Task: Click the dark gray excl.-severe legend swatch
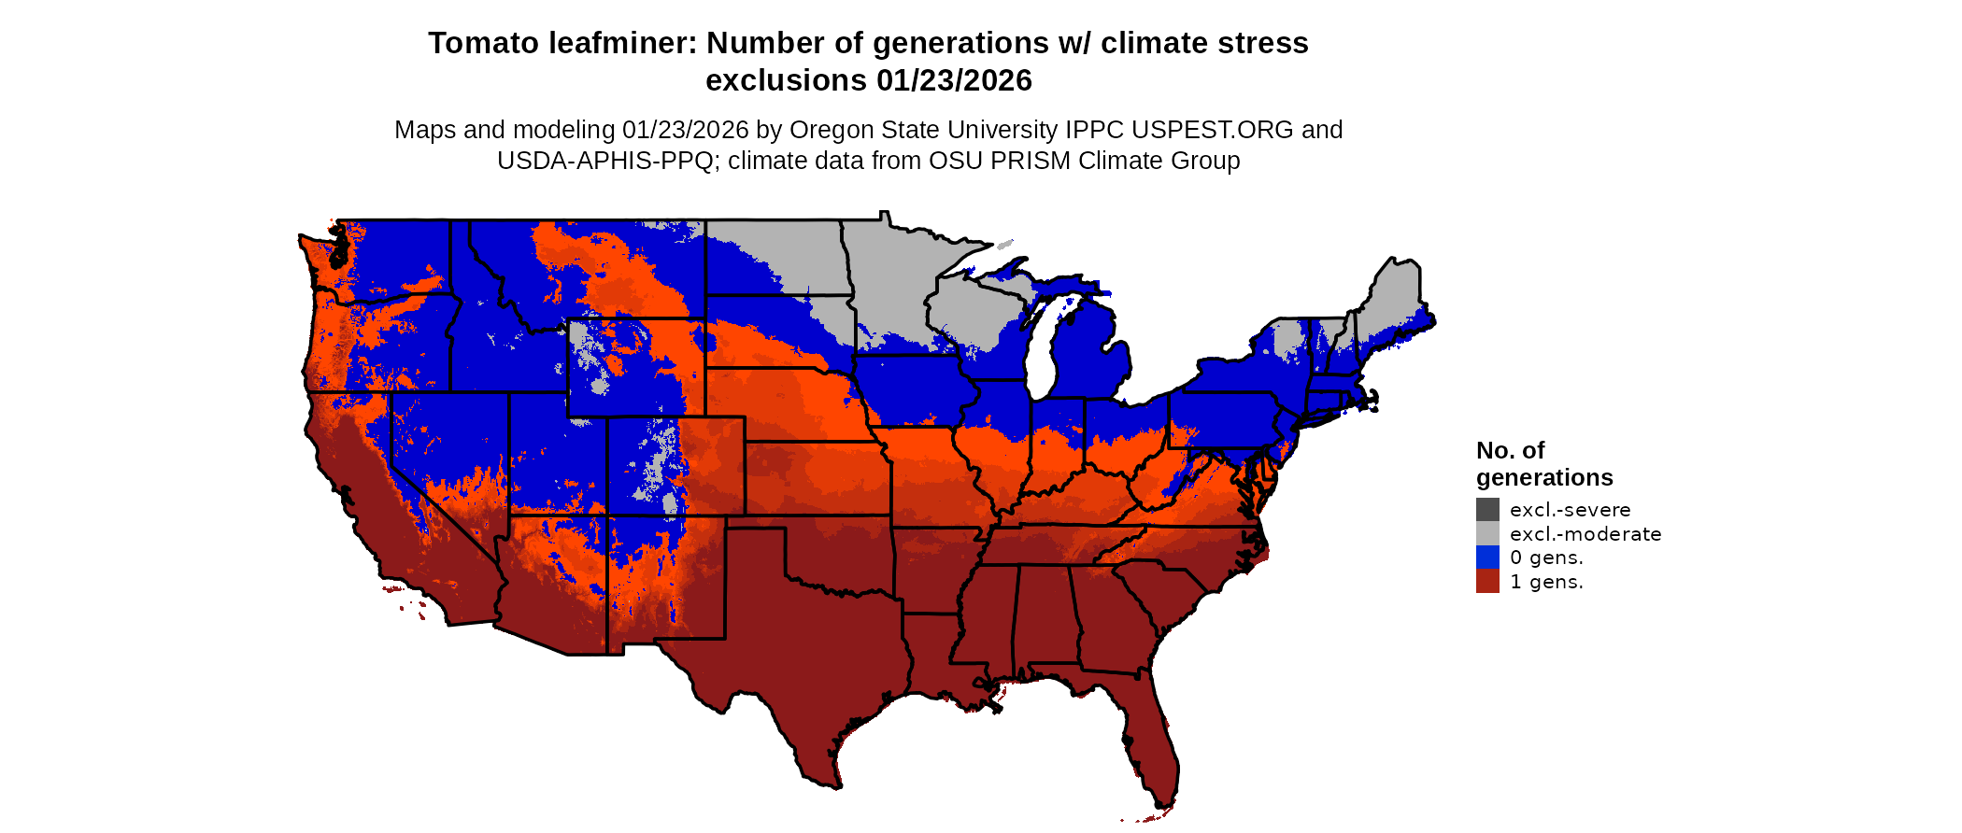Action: pyautogui.click(x=1487, y=510)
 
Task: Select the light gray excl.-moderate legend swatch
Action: pyautogui.click(x=1487, y=534)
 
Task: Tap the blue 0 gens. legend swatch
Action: pyautogui.click(x=1487, y=558)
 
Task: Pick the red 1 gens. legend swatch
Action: pyautogui.click(x=1487, y=582)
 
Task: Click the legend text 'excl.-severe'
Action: pyautogui.click(x=1570, y=510)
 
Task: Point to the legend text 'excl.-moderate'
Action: pyautogui.click(x=1585, y=534)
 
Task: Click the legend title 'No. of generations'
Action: pyautogui.click(x=1543, y=464)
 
